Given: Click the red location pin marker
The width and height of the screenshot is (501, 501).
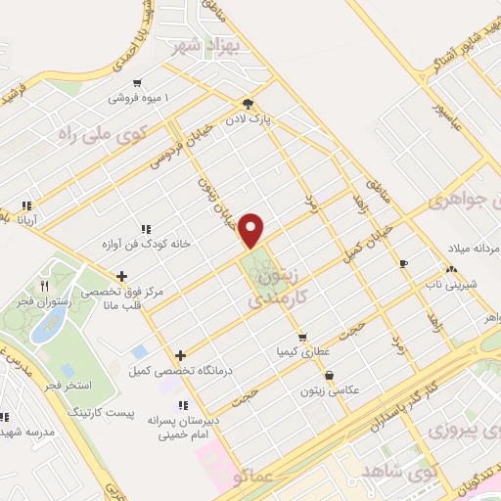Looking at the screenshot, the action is pos(252,229).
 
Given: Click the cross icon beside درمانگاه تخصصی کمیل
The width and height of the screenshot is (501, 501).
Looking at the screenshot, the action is pos(180,355).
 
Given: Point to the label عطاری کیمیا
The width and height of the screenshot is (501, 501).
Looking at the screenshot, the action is pos(297,348).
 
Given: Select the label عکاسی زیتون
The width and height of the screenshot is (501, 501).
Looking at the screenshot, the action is pos(333,389).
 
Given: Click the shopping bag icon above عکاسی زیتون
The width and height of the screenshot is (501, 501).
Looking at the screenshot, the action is pos(328,375).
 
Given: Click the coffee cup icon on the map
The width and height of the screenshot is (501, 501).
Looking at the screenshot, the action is pos(403,264).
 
